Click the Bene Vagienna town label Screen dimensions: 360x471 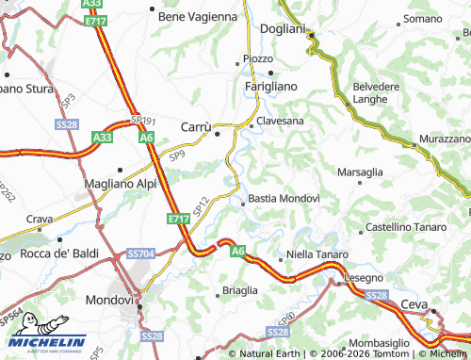(198, 16)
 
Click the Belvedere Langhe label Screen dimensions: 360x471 (375, 91)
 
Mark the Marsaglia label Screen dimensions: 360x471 (360, 172)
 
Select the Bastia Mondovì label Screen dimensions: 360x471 (287, 199)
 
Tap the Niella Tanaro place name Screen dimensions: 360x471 (318, 255)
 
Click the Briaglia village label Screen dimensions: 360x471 (239, 290)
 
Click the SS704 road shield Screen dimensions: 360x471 (139, 254)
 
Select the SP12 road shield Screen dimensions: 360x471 (200, 205)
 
